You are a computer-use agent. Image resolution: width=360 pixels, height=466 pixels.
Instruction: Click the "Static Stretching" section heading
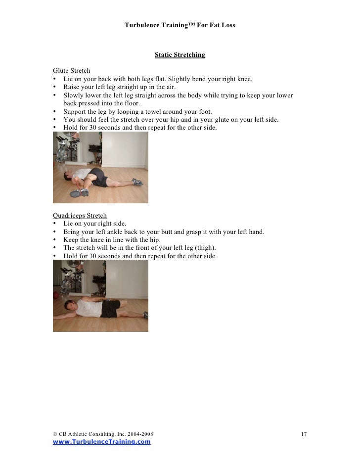click(x=180, y=55)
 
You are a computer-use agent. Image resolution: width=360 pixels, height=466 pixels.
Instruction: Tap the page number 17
click(x=304, y=434)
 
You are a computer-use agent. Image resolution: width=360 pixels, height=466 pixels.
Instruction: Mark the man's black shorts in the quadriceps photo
click(x=111, y=308)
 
